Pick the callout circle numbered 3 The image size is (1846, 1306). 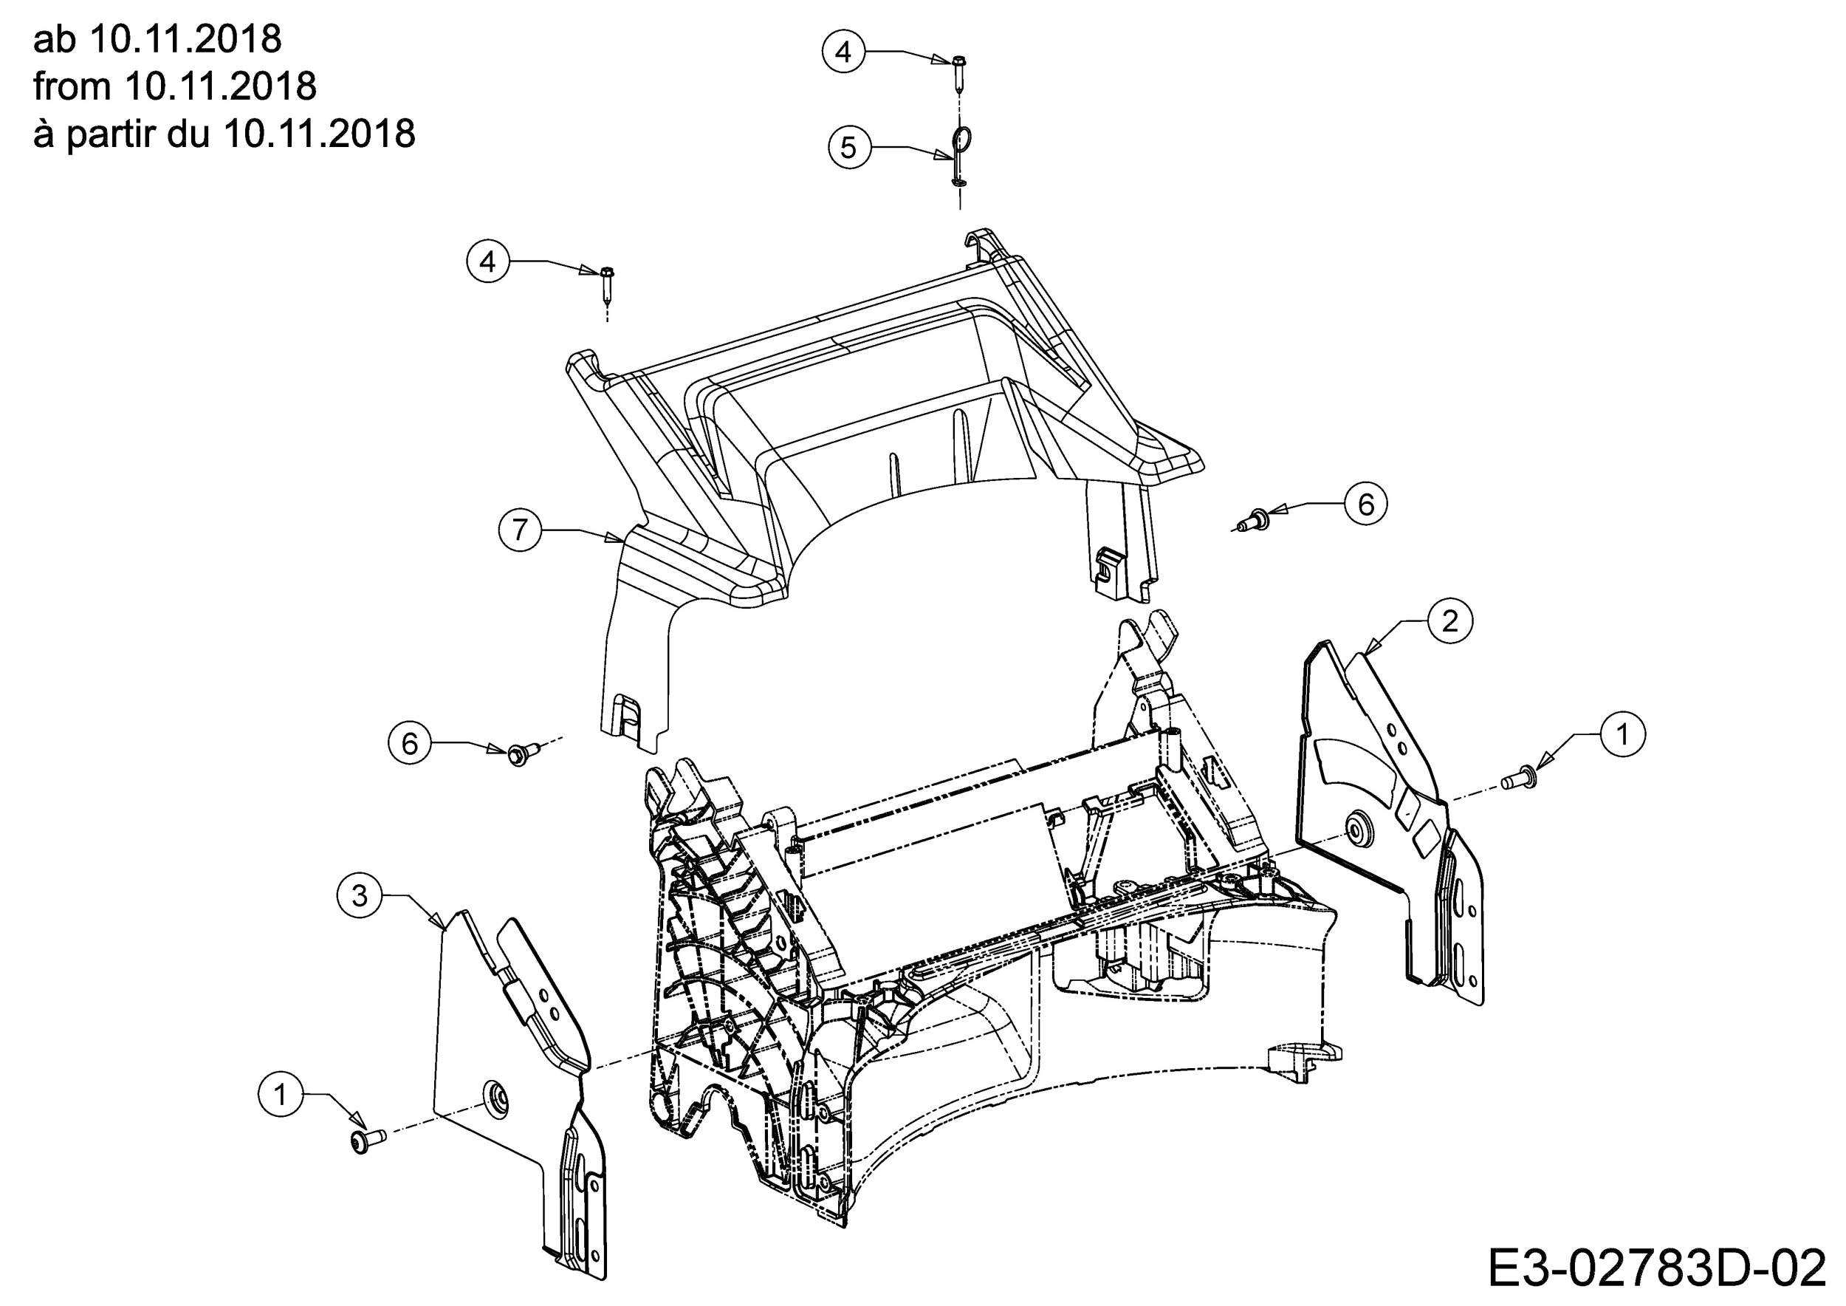360,895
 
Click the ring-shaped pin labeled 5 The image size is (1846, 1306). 961,148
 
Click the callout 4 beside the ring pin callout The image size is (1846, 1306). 843,52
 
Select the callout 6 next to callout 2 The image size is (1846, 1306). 1366,505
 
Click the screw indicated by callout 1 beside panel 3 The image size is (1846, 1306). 367,1141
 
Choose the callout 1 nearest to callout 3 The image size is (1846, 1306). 281,1095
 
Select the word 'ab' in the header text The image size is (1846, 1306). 53,38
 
